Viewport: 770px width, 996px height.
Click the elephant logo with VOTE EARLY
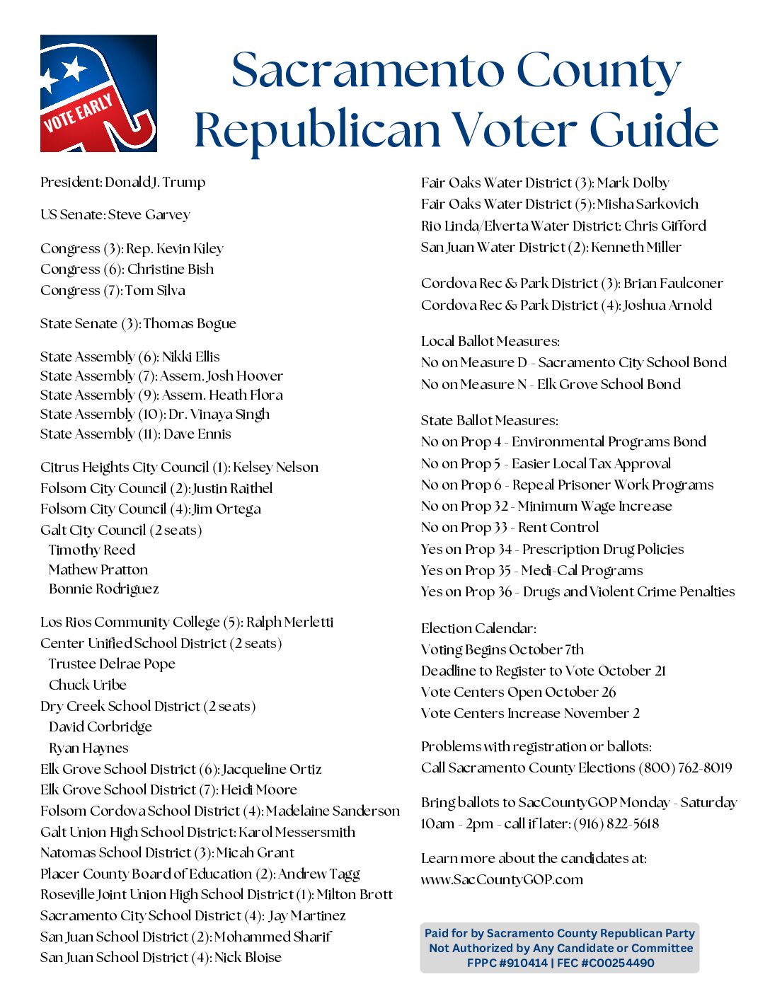pos(98,93)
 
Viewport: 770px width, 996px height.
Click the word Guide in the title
pos(654,130)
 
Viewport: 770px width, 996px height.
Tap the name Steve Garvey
pos(149,215)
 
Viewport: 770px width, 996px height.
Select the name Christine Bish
pos(171,270)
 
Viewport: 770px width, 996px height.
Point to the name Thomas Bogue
pos(190,324)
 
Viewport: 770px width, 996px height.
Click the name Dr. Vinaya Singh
pos(219,415)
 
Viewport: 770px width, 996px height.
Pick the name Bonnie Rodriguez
pos(104,589)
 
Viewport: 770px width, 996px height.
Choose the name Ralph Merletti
pos(289,622)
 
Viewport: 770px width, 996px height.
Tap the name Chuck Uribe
pos(88,685)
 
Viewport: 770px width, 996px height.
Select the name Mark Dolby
pos(633,183)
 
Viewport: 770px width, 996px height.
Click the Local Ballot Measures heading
pos(490,342)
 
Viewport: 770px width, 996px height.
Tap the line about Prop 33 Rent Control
pos(510,528)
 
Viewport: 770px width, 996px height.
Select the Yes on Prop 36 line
pos(577,592)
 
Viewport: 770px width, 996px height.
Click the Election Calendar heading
pos(478,628)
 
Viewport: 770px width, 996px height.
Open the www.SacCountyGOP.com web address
pos(502,880)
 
